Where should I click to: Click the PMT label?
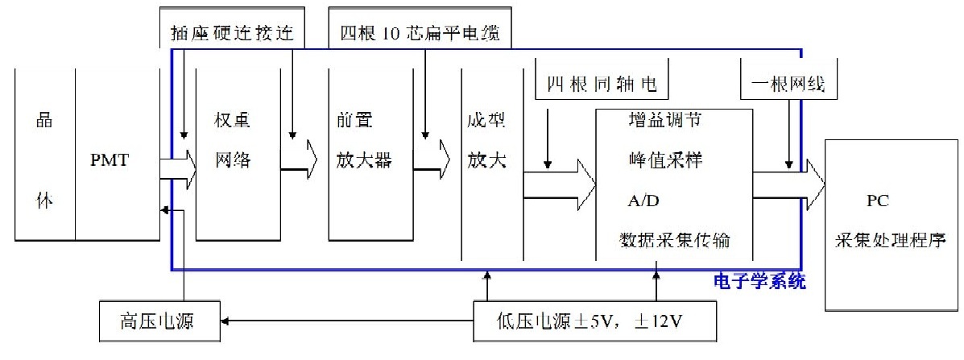pyautogui.click(x=110, y=159)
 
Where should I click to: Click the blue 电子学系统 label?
pyautogui.click(x=759, y=283)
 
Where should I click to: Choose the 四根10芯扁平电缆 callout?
pyautogui.click(x=420, y=33)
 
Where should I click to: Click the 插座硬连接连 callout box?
pyautogui.click(x=234, y=33)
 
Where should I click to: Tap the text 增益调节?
pyautogui.click(x=664, y=120)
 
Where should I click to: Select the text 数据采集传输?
pyautogui.click(x=675, y=239)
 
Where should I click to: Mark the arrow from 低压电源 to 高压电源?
pyautogui.click(x=346, y=321)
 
